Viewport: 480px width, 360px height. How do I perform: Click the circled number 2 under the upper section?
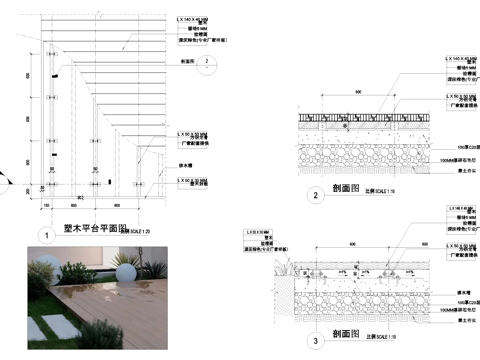pos(315,195)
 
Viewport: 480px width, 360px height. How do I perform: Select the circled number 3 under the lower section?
pos(315,341)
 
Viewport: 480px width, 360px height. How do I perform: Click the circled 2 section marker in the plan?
pos(206,61)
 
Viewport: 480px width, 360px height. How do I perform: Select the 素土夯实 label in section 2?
pos(463,171)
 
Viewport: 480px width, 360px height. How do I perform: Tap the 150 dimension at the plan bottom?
pos(46,205)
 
